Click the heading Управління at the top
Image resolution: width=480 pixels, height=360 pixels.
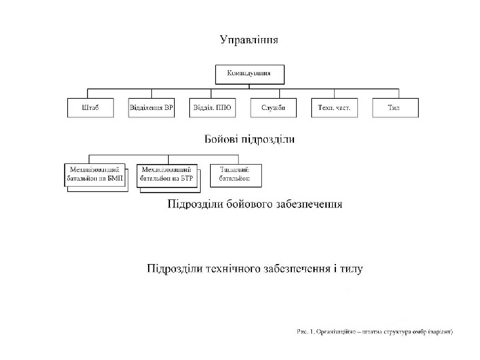tap(249, 40)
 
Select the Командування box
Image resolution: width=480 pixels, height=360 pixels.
tap(249, 73)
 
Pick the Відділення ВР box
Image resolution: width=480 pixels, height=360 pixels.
tap(151, 108)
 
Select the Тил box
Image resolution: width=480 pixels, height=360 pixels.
tap(395, 108)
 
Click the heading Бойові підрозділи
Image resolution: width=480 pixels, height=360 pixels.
tap(249, 140)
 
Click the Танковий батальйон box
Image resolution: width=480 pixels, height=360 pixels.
tap(235, 175)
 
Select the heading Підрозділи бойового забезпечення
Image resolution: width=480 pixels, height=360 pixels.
tap(254, 204)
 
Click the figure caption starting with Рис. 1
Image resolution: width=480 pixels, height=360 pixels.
tap(374, 331)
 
